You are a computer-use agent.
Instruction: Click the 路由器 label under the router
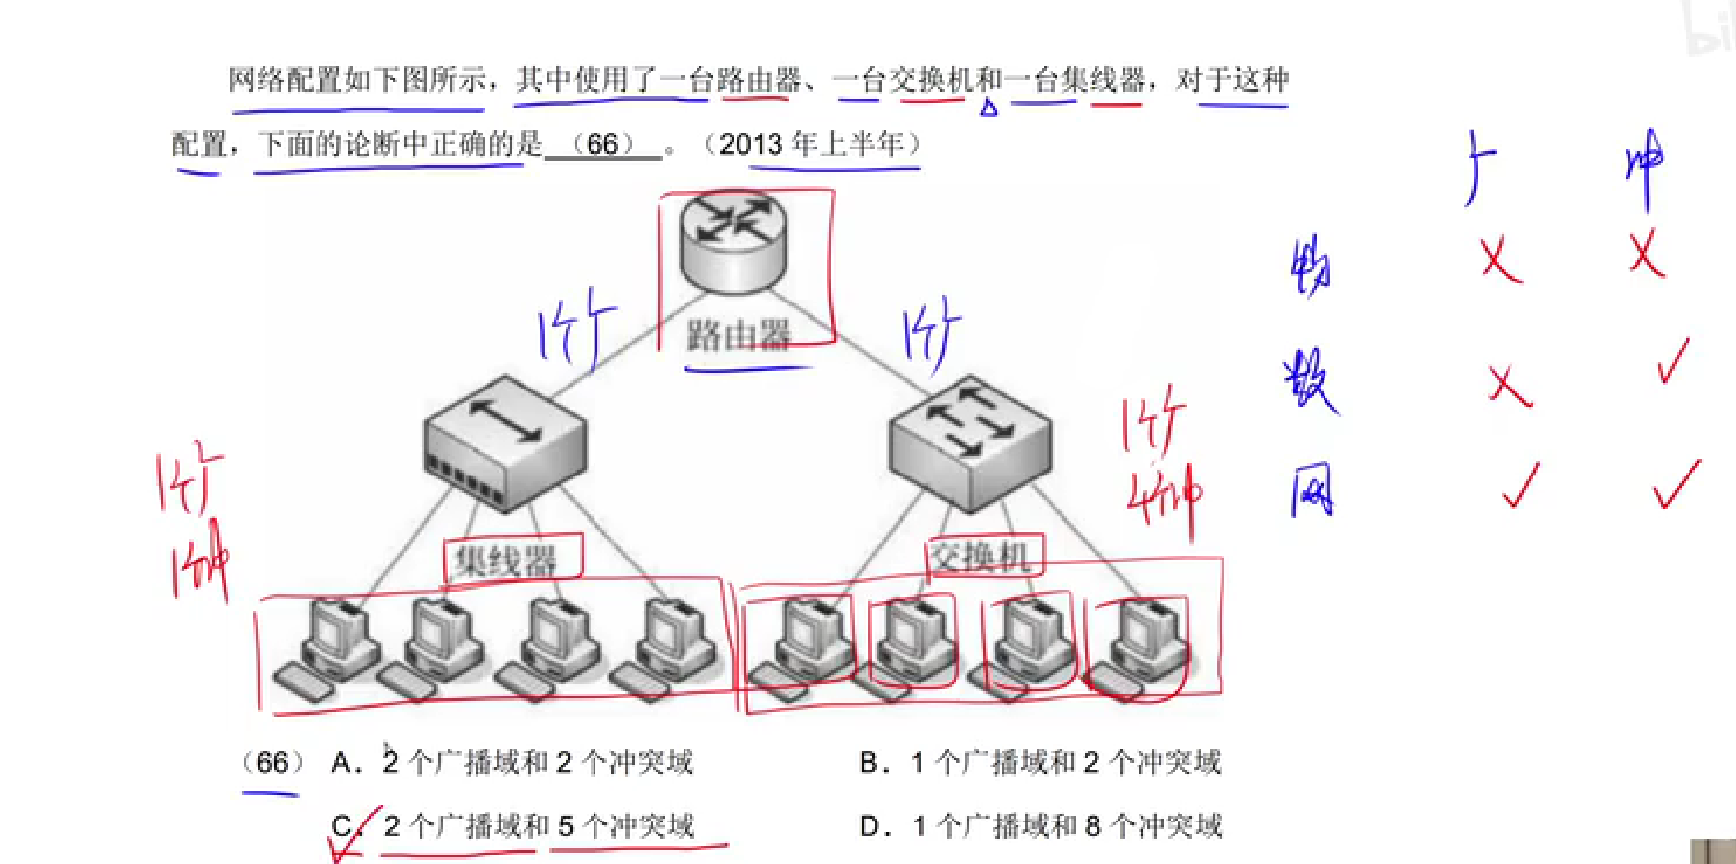(738, 335)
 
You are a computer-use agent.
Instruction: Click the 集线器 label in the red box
(505, 561)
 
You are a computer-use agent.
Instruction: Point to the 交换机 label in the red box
(979, 557)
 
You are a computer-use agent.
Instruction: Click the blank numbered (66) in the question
(603, 144)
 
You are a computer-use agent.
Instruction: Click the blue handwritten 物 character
(1312, 266)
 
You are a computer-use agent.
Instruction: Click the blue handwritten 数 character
(1310, 380)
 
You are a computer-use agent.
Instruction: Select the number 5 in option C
(566, 825)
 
